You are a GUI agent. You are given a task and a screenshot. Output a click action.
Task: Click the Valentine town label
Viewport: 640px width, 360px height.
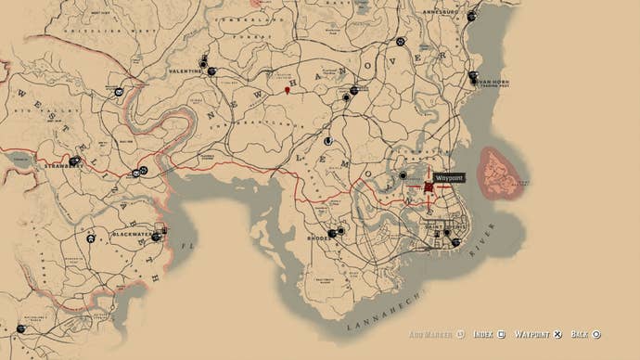(186, 71)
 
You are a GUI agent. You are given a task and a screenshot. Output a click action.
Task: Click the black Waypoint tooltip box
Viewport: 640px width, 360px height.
(449, 177)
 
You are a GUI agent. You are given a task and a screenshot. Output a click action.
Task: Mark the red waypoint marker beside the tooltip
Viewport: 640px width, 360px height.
(429, 186)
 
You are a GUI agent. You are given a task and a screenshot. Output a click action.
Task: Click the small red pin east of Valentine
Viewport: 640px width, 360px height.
(288, 90)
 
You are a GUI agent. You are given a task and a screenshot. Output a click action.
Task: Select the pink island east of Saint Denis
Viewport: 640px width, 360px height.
(500, 173)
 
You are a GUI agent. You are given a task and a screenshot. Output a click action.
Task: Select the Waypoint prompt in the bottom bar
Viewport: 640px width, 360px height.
(537, 334)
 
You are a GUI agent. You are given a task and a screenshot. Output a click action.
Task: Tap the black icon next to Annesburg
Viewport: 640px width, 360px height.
(471, 16)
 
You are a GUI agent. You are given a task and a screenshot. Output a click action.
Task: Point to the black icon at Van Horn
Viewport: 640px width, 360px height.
(473, 77)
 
